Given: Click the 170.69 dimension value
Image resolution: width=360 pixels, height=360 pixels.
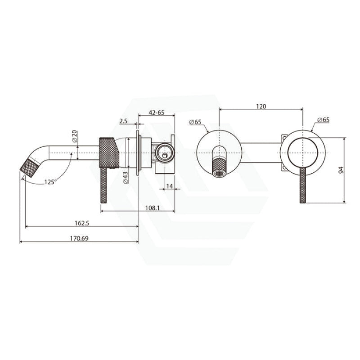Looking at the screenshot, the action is coord(79,238).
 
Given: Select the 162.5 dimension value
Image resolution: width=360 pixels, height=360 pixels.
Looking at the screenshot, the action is coord(82,223).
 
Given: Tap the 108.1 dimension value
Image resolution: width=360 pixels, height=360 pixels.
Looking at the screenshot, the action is coord(153,208).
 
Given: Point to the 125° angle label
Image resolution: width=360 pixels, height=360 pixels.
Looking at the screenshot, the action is coord(50,182).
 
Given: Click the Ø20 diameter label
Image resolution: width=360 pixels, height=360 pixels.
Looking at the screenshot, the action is coord(75,136).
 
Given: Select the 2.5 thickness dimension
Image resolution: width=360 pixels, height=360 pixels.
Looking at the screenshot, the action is coord(123,121).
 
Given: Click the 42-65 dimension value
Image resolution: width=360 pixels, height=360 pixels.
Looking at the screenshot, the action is coord(157,112).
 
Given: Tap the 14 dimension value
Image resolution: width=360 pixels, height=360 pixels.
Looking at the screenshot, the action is coord(169,186).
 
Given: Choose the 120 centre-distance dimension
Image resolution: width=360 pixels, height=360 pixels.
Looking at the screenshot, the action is coord(261,106).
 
